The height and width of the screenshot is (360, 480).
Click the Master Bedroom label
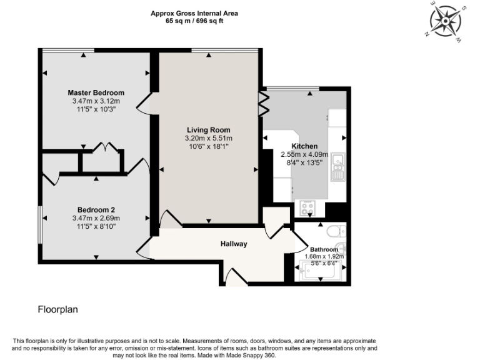click(96, 92)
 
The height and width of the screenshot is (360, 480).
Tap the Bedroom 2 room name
click(96, 209)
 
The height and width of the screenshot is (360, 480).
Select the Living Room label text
click(208, 130)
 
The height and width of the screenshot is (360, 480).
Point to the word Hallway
click(233, 244)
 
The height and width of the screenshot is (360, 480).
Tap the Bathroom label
click(324, 249)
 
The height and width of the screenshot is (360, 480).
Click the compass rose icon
click(445, 21)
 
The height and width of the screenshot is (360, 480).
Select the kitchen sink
click(338, 166)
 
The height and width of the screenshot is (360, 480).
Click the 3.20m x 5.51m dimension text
click(208, 138)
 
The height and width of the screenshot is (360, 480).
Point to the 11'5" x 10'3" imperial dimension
click(96, 109)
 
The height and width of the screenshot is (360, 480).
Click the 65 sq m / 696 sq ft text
click(194, 21)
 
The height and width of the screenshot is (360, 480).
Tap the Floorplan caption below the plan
click(57, 309)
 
